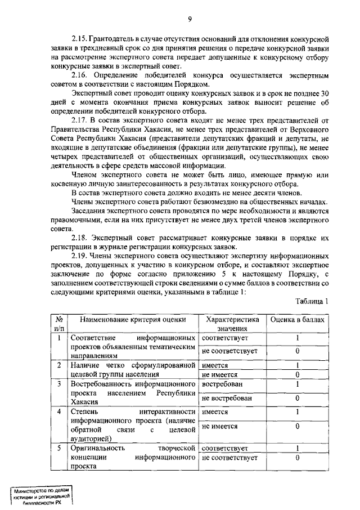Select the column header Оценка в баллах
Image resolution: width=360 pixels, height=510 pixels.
[297, 319]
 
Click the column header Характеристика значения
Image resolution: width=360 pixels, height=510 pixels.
[232, 323]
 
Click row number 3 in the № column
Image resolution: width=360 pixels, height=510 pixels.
[59, 384]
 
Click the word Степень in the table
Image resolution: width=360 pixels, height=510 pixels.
[83, 412]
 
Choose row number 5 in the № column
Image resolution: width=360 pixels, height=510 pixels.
[59, 449]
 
